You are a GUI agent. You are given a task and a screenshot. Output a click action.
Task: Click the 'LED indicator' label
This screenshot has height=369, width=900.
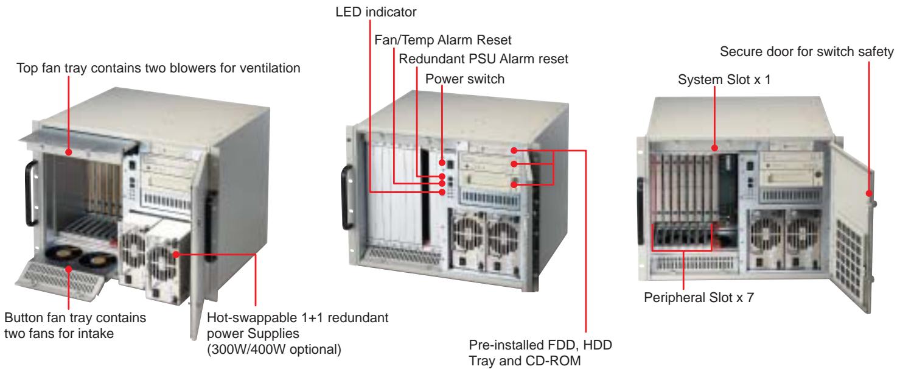[x=375, y=12]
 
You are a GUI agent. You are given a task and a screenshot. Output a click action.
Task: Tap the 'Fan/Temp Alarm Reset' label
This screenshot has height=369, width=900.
[x=443, y=40]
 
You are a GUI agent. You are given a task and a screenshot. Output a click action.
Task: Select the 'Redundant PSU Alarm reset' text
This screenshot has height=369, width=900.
[x=483, y=59]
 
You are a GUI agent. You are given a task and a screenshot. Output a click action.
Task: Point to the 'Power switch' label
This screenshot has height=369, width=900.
[x=465, y=79]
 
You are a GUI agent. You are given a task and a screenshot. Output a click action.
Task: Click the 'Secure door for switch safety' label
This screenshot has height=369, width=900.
[x=806, y=51]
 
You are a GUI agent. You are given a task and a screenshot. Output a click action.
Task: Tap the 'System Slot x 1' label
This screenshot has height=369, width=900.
[x=724, y=80]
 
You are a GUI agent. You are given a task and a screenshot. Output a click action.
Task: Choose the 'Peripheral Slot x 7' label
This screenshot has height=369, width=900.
[x=699, y=297]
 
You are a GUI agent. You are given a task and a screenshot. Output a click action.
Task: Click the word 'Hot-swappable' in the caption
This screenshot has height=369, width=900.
[x=252, y=318]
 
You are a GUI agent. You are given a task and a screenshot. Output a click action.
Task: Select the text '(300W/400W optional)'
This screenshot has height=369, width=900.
[x=274, y=350]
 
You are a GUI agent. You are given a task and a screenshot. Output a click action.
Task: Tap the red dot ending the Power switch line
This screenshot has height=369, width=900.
[x=442, y=163]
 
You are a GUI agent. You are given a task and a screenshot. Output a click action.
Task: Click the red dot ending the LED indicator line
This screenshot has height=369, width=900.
[x=442, y=192]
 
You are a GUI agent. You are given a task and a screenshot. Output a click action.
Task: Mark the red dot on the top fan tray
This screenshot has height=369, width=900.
[x=69, y=152]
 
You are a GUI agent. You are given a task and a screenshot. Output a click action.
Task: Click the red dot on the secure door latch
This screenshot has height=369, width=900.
[x=868, y=194]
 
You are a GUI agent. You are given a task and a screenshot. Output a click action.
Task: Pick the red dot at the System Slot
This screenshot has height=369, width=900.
[x=715, y=148]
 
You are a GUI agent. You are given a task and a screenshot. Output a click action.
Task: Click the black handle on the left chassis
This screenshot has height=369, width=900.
[x=31, y=194]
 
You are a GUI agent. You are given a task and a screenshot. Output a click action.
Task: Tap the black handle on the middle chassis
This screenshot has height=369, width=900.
[x=347, y=197]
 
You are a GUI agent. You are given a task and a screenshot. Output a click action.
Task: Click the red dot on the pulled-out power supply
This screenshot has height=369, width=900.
[x=176, y=255]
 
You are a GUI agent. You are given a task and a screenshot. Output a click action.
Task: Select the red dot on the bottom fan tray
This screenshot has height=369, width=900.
[x=69, y=269]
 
